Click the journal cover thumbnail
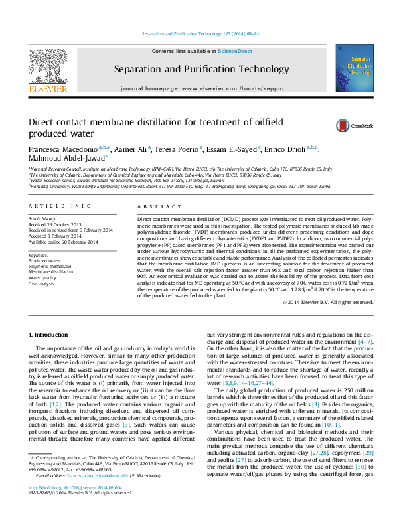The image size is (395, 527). [x=351, y=68]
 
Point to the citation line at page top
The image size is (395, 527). [x=201, y=34]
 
